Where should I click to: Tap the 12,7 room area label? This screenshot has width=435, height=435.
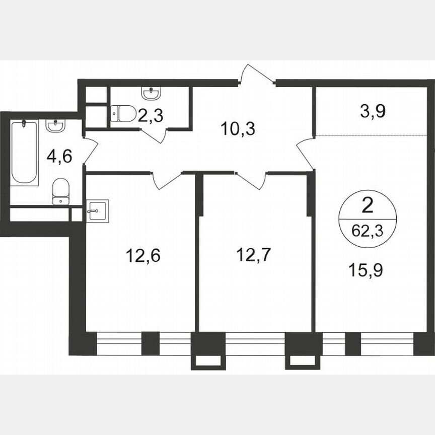click(x=254, y=255)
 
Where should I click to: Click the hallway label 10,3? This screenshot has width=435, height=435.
click(x=238, y=129)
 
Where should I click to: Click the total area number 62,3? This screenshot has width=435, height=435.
click(x=367, y=233)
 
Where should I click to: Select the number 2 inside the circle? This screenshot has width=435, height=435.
click(x=368, y=206)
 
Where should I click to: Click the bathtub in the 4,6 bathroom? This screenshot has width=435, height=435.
click(x=25, y=152)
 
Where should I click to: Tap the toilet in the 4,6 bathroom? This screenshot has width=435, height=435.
click(x=60, y=191)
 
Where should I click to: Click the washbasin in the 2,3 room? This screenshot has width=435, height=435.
click(x=151, y=94)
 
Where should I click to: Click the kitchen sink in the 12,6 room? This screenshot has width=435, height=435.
click(x=97, y=210)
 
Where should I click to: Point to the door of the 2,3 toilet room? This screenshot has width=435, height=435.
click(x=154, y=135)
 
